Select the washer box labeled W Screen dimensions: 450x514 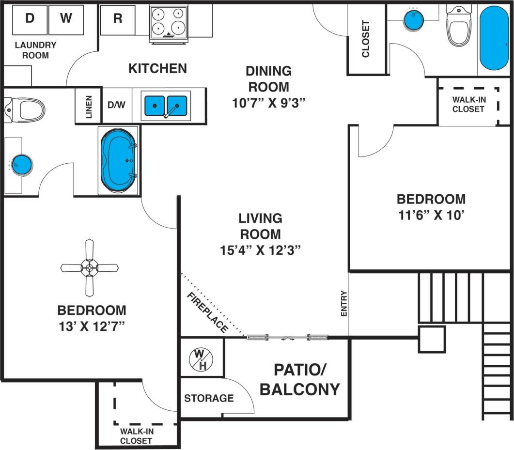point(66,18)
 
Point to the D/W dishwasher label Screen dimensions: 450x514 point(116,105)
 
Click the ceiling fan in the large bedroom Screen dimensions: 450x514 point(89,267)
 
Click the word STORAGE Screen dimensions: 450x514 point(209,398)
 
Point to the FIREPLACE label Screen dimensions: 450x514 point(207,312)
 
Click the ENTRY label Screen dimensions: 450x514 point(344,304)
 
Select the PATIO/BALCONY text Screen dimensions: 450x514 point(300,379)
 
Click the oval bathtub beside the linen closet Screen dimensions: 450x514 point(119,160)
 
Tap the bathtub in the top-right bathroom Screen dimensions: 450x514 point(494,39)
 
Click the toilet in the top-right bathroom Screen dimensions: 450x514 point(457,27)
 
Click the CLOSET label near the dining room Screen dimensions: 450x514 point(366,39)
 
